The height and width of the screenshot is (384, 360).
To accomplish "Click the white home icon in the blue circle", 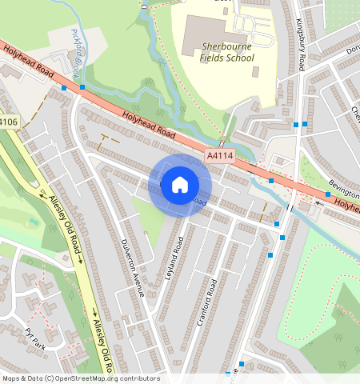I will (x=180, y=185).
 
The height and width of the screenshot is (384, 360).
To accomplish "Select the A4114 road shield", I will (x=221, y=157).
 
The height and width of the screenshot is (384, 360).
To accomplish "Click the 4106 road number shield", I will (x=8, y=122).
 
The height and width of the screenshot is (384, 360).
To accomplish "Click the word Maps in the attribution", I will (x=11, y=378).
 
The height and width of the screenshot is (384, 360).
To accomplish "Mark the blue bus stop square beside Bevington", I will (x=328, y=194).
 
